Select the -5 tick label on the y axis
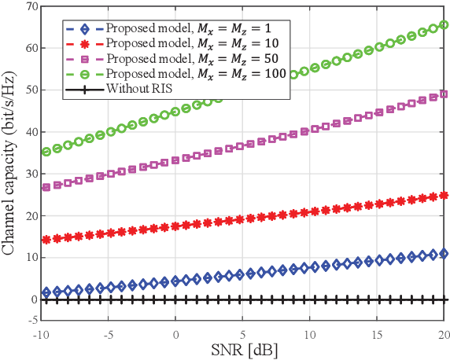click(31, 320)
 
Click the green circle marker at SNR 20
click(444, 25)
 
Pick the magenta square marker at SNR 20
click(444, 94)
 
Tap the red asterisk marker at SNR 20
click(444, 195)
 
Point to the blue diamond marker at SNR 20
click(444, 254)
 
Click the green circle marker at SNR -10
click(46, 152)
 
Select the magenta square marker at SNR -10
click(46, 187)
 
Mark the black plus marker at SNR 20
click(444, 299)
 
